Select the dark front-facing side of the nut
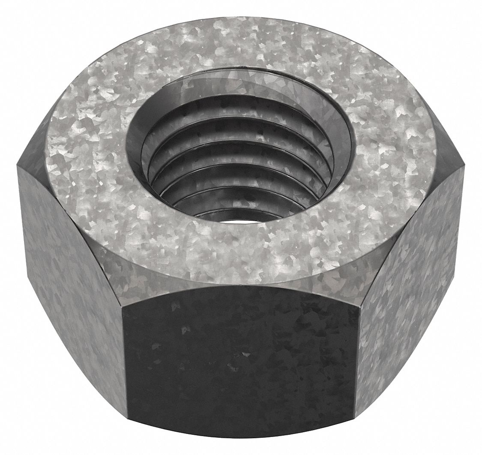pos(240,365)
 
